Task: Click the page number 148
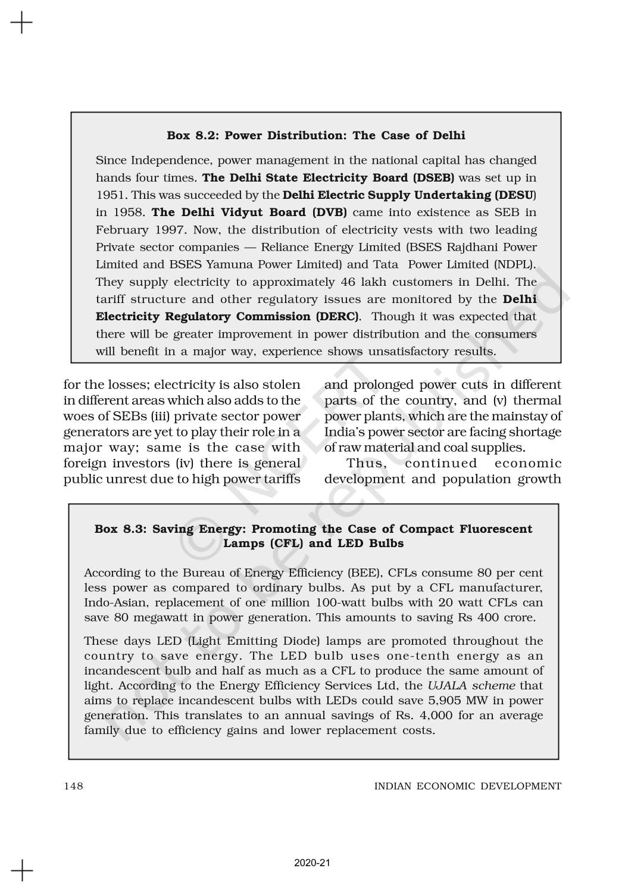click(x=73, y=786)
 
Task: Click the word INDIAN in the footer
click(x=392, y=786)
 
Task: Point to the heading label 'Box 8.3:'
click(x=121, y=529)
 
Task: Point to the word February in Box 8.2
click(x=121, y=230)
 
